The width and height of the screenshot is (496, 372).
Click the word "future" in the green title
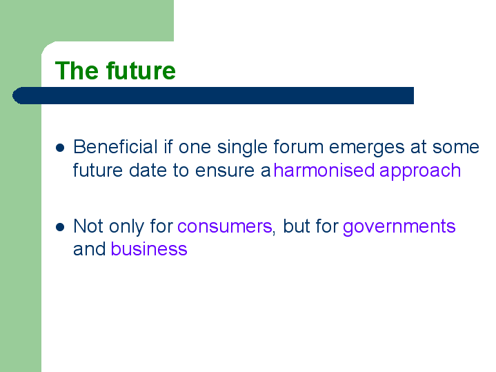pos(141,70)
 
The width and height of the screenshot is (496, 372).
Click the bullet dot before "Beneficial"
pos(60,148)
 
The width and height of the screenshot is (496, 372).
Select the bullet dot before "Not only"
pos(60,227)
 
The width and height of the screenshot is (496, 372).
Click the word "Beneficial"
pos(115,147)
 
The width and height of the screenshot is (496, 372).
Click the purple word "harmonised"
pos(324,170)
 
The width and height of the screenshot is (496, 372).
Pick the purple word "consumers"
pos(225,226)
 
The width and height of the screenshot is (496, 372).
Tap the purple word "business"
pos(149,249)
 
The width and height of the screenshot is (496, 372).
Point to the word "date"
pos(148,170)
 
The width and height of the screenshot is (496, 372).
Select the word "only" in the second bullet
pos(126,227)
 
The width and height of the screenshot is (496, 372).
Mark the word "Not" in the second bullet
pos(88,226)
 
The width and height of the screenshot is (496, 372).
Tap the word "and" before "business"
pos(90,249)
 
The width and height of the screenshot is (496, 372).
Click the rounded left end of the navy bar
pos(14,95)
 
